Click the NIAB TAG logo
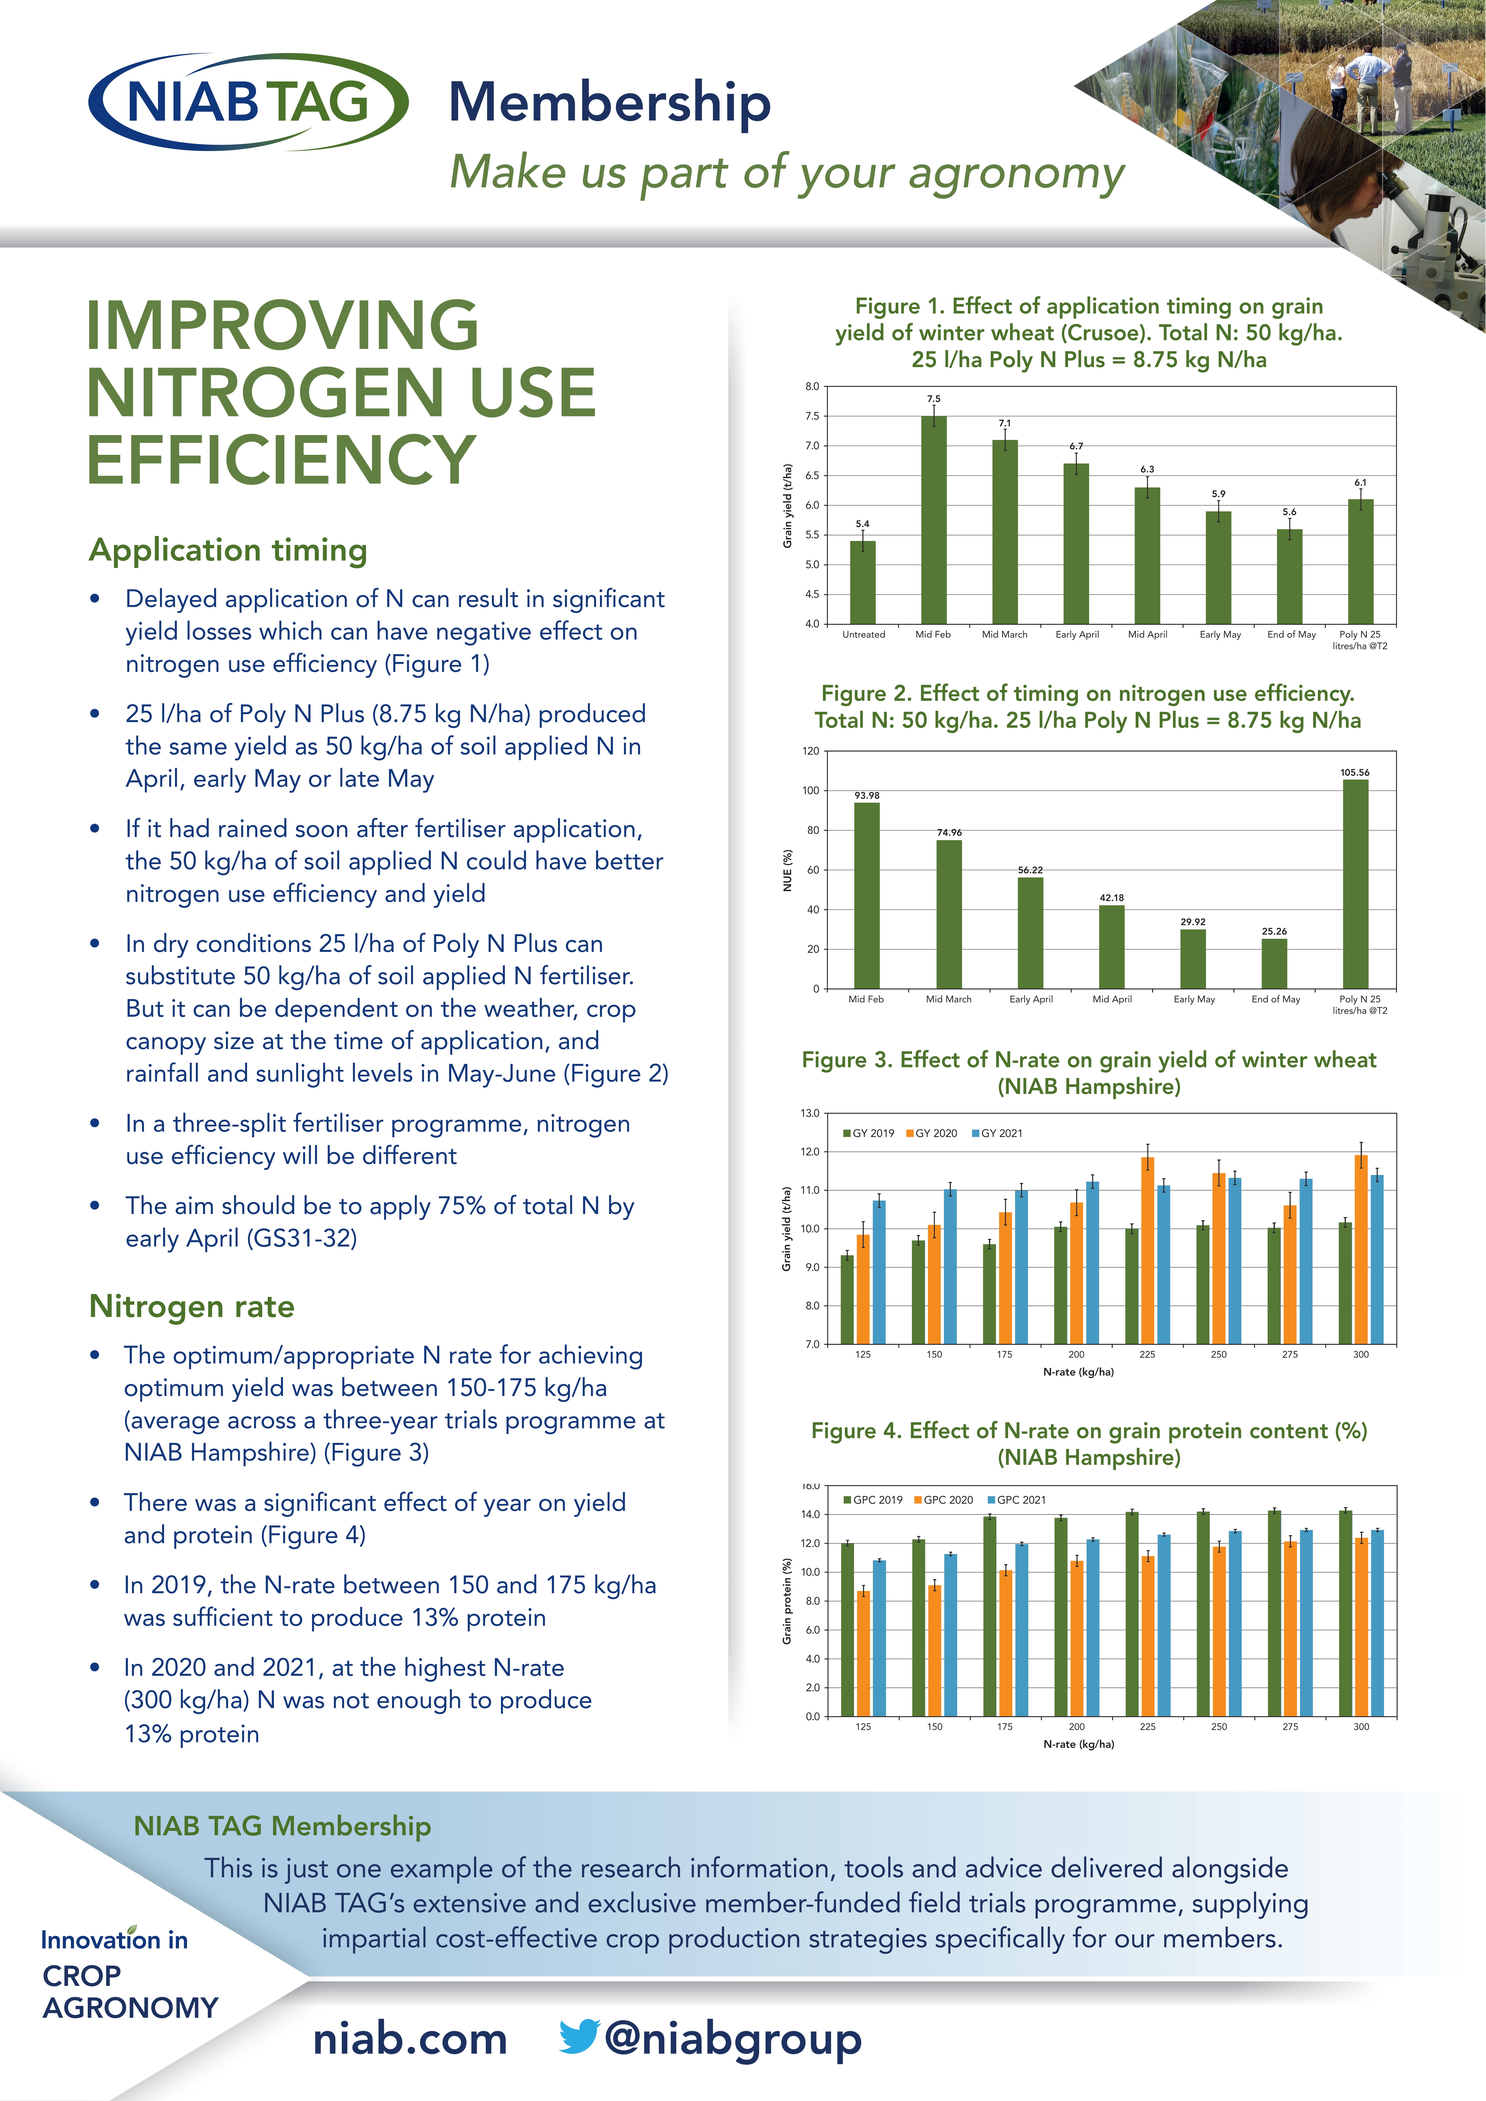tap(248, 102)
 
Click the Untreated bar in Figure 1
tap(863, 582)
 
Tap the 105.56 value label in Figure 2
tap(1354, 772)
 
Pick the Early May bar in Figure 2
tap(1193, 959)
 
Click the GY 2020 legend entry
tap(932, 1133)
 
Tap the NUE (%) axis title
tap(787, 870)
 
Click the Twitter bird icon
tap(579, 2036)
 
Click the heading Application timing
tap(228, 550)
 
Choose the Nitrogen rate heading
tap(192, 1306)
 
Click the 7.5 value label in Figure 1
tap(933, 399)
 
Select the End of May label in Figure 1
tap(1291, 634)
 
